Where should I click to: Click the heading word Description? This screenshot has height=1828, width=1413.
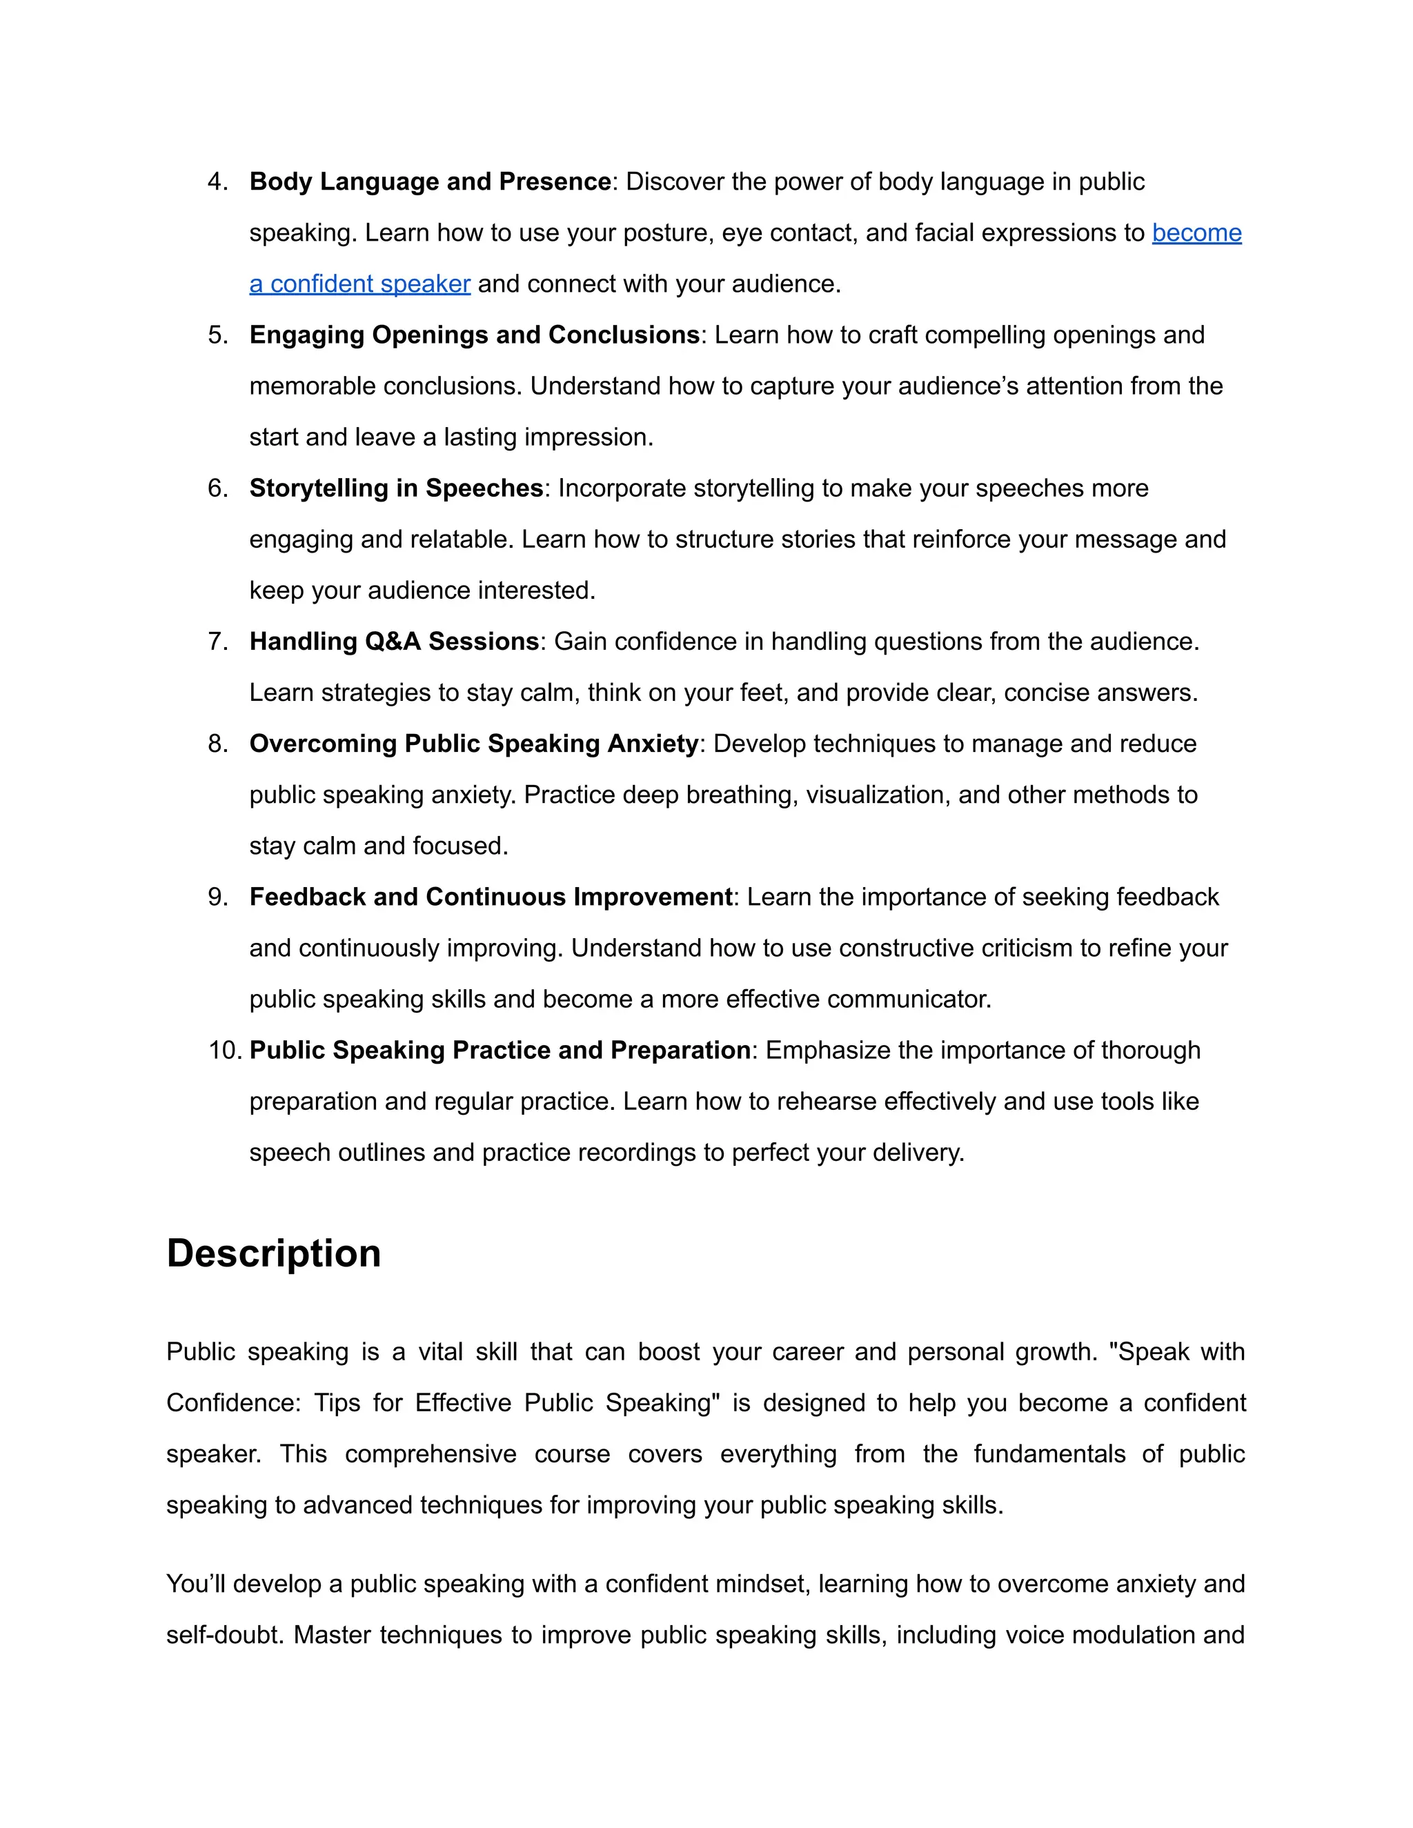[x=274, y=1253]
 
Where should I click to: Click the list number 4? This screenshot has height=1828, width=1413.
[x=217, y=181]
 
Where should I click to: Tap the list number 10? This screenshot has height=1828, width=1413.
[x=224, y=1050]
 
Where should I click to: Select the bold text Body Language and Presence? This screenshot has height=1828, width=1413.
[x=429, y=181]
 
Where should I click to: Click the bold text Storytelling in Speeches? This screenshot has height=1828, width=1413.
[x=396, y=488]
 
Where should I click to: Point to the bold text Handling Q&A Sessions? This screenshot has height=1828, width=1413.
[x=393, y=641]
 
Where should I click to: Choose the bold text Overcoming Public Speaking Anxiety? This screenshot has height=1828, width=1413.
[x=474, y=743]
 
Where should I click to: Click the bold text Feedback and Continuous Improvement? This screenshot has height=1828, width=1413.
[x=491, y=897]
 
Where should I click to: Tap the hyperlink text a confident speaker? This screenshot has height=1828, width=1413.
[x=360, y=284]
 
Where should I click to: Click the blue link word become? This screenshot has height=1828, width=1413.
[x=1196, y=232]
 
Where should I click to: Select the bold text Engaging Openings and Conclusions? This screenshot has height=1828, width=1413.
[x=474, y=335]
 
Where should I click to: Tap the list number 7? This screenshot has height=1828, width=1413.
[x=217, y=641]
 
